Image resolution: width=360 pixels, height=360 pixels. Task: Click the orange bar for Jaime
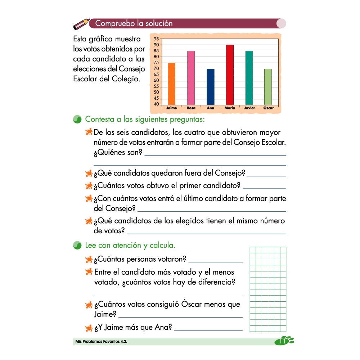[171, 84]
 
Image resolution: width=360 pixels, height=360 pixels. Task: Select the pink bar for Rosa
[191, 77]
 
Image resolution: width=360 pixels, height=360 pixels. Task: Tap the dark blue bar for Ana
[211, 86]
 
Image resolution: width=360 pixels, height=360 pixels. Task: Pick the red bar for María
[230, 75]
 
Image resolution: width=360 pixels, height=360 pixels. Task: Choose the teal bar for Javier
[249, 77]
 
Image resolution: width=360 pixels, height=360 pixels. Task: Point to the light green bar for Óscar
[268, 86]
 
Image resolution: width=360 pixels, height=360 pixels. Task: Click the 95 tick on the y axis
[156, 39]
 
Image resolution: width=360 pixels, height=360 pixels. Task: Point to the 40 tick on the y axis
[156, 104]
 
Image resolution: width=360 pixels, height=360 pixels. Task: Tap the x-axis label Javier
[249, 108]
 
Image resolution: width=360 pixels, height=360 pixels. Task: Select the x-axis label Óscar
[268, 108]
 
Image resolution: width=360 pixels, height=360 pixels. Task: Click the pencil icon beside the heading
[81, 24]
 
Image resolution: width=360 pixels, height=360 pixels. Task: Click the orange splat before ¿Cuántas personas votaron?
[89, 259]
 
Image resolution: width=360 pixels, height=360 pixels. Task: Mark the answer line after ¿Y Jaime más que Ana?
[208, 329]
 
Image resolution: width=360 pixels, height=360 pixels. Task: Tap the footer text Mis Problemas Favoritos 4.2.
[100, 341]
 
